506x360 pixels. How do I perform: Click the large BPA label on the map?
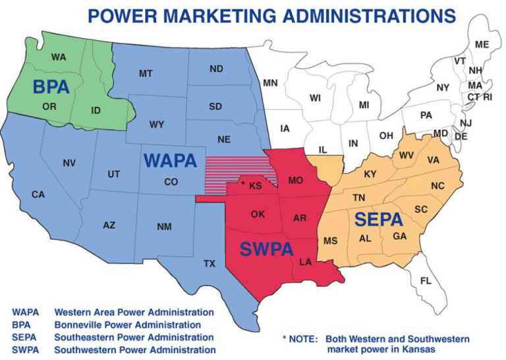click(x=51, y=86)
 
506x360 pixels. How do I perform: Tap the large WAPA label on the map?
click(x=170, y=160)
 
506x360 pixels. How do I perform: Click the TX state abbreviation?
click(x=210, y=264)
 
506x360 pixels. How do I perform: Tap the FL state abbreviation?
click(x=426, y=281)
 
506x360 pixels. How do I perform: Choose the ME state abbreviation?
click(x=482, y=44)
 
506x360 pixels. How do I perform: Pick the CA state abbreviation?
click(x=38, y=195)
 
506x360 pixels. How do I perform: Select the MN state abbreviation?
click(x=270, y=83)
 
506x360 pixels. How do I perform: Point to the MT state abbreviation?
click(x=146, y=73)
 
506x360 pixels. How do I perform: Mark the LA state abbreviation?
click(x=306, y=262)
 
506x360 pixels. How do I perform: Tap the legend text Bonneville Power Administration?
click(x=128, y=324)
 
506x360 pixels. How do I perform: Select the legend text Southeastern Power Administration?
click(x=134, y=337)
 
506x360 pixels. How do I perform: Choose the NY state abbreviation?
click(x=443, y=87)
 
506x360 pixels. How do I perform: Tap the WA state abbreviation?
click(x=59, y=57)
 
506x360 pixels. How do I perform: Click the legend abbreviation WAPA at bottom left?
click(x=26, y=312)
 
